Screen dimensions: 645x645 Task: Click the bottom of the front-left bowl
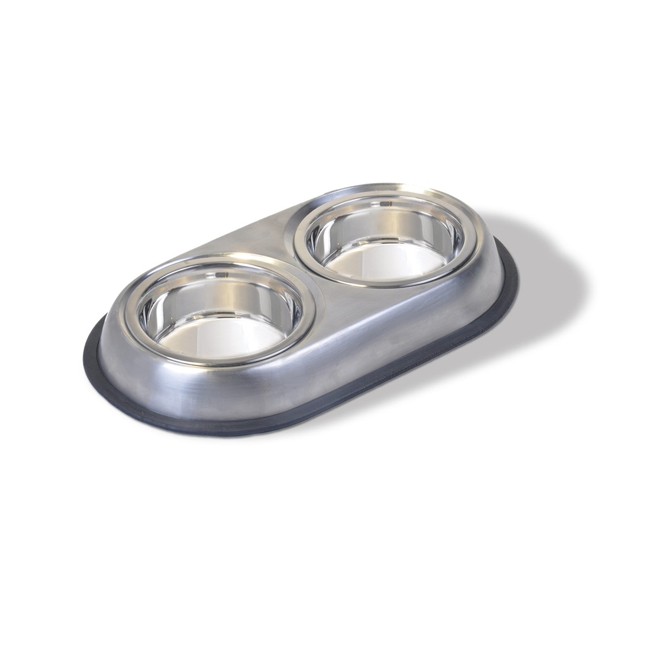pyautogui.click(x=217, y=338)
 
